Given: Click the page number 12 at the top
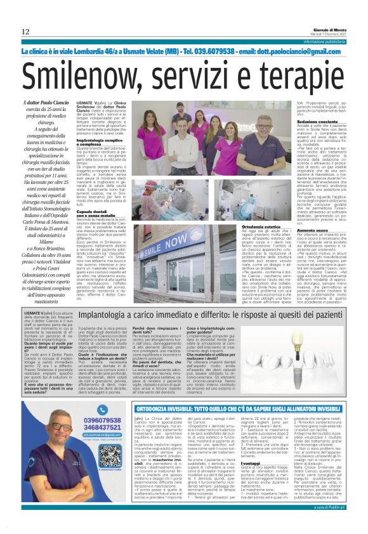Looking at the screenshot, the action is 25,32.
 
